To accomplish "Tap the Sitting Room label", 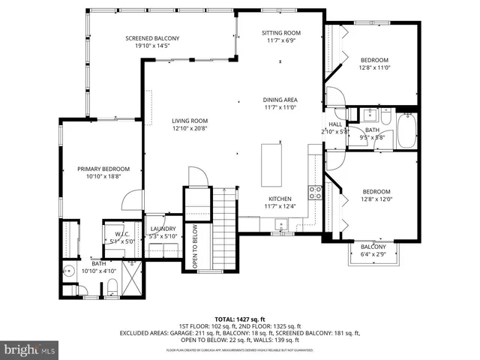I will click(280, 33).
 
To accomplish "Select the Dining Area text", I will click(280, 100).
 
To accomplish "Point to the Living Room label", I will click(189, 120).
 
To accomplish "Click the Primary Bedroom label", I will click(103, 169).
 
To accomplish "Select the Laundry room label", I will click(163, 229).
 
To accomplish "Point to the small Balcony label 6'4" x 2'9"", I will click(373, 247).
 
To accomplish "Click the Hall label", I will click(334, 124).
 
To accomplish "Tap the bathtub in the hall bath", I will click(406, 130).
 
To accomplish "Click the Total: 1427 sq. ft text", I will click(239, 319).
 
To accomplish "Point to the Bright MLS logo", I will click(30, 349).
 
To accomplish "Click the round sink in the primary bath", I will click(69, 272).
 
